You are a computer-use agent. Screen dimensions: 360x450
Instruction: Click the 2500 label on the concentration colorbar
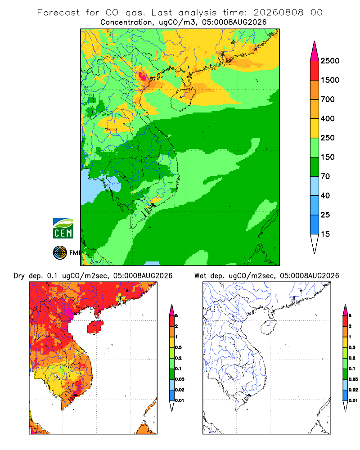pos(330,61)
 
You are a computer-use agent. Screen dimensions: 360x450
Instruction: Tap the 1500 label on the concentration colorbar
pos(330,80)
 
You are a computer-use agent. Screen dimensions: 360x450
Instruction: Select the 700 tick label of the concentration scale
pos(328,99)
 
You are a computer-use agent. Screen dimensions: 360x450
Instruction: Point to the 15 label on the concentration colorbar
pos(325,234)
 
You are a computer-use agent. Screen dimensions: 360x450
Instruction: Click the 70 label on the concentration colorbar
pos(325,176)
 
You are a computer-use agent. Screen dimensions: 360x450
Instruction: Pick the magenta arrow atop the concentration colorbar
pos(315,51)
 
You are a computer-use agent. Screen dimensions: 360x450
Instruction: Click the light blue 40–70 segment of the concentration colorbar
pos(315,186)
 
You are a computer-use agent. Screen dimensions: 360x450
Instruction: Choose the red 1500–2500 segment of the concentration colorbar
pos(315,71)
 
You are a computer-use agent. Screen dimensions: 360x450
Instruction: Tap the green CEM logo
pos(63,229)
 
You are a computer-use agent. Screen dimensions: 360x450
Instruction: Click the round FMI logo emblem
pos(60,253)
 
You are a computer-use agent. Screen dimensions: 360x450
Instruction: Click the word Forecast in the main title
pos(58,13)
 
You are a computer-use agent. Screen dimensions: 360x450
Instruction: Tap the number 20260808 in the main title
pos(278,13)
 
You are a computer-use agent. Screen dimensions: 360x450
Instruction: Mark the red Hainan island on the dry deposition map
pos(95,327)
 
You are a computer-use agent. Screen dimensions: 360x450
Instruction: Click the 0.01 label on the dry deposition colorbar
pos(180,400)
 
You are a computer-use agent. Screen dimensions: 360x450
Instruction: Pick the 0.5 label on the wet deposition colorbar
pos(352,347)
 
